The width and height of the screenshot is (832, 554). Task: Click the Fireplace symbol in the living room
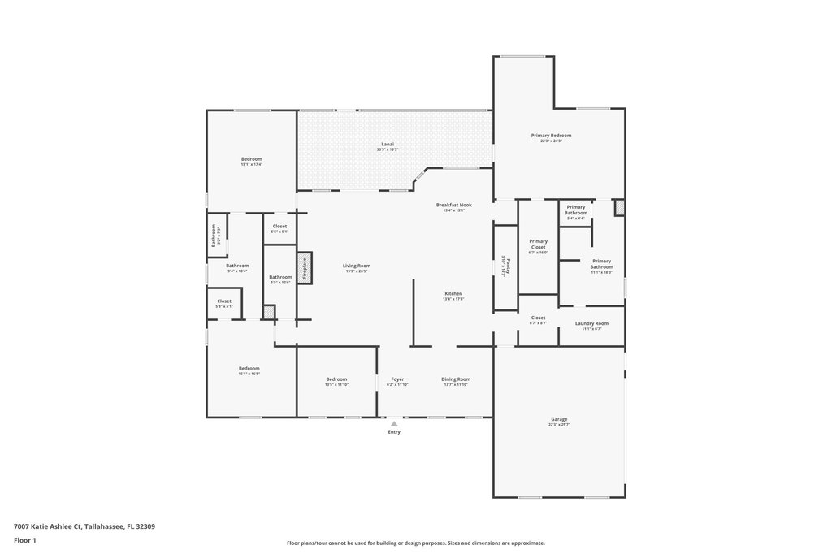tap(305, 267)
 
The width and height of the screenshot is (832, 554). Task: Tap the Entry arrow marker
tap(394, 423)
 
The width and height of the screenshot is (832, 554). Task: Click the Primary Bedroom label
tap(551, 136)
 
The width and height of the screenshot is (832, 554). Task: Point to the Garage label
tap(559, 419)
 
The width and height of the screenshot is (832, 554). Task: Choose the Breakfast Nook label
tap(453, 205)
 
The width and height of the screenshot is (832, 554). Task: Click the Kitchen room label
tap(453, 293)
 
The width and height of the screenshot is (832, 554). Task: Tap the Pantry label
tap(504, 267)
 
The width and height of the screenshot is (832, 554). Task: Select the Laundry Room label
tap(591, 323)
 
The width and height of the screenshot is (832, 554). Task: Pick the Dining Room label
tap(456, 379)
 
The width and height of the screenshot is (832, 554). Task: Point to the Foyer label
tap(397, 379)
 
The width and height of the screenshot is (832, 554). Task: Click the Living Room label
tap(357, 266)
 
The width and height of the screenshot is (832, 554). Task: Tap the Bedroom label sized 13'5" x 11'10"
tap(336, 379)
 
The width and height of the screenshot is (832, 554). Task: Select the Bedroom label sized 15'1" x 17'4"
tap(251, 159)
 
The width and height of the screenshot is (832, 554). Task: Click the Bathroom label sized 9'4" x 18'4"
tap(237, 266)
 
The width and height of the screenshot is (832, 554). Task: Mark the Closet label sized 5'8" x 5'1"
tap(223, 301)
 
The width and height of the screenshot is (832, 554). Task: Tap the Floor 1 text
tap(25, 540)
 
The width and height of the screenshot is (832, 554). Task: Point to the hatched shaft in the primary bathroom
tap(619, 208)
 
